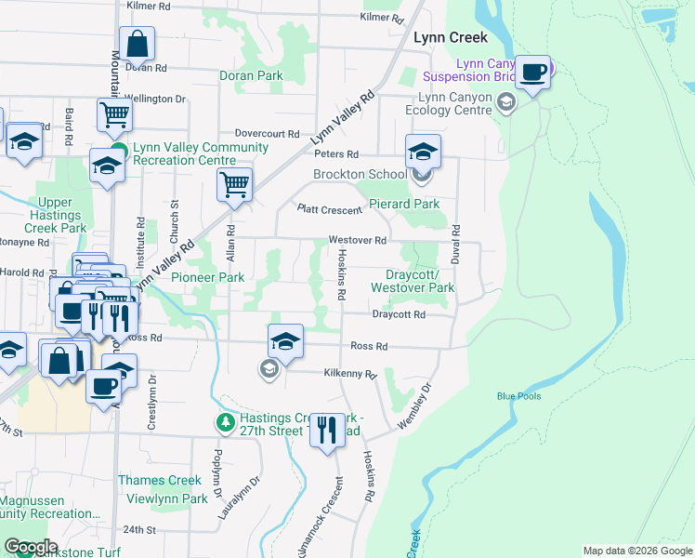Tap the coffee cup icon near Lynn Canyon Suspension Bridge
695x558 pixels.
coord(533,72)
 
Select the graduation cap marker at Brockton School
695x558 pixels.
coord(423,151)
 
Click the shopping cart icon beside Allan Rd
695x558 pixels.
coord(235,183)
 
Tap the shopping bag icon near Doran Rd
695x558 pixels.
coord(137,43)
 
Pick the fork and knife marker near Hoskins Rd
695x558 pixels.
coord(326,430)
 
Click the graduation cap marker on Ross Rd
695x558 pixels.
coord(285,341)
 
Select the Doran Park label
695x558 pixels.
coord(250,75)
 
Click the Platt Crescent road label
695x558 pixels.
coord(329,209)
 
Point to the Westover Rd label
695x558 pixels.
coord(357,240)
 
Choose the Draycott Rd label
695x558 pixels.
coord(399,315)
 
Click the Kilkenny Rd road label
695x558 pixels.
coord(350,374)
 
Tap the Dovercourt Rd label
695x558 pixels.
coord(267,134)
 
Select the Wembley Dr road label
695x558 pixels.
coord(414,405)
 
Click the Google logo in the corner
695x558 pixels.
coord(31,547)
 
